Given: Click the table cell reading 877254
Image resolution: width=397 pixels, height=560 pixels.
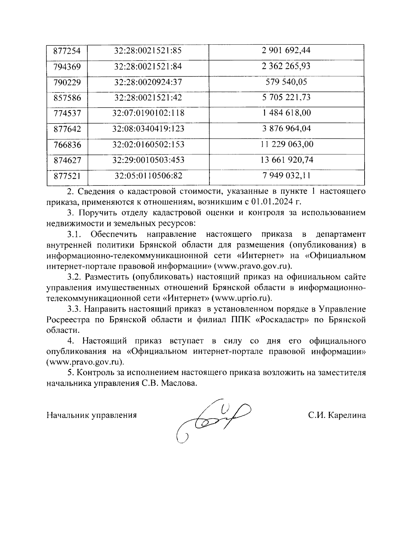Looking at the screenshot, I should (67, 51).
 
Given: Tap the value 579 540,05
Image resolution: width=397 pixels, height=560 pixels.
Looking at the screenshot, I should (287, 82).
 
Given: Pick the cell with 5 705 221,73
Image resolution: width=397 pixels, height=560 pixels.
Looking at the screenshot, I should (287, 98).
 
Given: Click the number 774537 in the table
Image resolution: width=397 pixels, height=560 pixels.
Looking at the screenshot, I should (67, 113).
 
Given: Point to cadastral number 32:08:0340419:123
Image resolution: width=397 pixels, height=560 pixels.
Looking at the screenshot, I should (148, 129).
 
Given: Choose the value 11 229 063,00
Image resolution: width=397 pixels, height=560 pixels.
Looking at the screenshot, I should (287, 144).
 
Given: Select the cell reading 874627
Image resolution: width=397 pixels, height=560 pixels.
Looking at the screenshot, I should (67, 160).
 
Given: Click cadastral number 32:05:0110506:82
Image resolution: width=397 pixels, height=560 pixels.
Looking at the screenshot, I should (148, 176).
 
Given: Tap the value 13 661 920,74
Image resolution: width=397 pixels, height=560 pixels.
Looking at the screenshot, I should (287, 160).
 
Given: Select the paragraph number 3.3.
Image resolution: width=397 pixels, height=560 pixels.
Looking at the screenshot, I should (74, 309).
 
